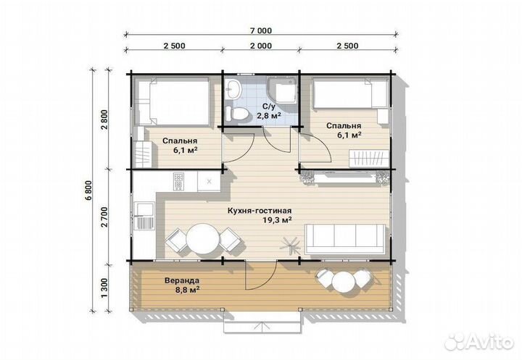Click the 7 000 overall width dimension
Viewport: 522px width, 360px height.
261,31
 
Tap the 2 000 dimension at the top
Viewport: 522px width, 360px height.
261,46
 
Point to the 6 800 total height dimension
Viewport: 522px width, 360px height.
88,191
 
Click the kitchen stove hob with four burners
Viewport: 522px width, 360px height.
178,181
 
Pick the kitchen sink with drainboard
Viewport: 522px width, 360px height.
144,216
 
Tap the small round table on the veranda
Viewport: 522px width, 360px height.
344,282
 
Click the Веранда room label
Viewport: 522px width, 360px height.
182,281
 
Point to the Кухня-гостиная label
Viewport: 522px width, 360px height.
260,211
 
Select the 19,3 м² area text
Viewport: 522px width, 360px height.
277,220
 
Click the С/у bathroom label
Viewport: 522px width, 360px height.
269,106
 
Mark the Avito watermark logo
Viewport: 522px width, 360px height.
479,340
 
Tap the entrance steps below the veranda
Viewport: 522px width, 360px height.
262,322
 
